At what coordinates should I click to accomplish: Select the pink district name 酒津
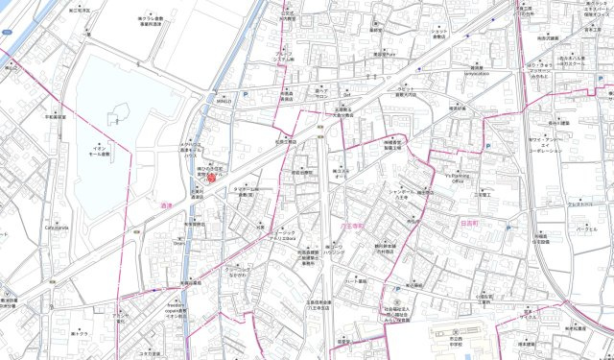[x=169, y=204]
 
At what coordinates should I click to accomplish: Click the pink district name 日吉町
[x=469, y=221]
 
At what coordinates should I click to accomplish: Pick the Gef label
[x=348, y=95]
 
